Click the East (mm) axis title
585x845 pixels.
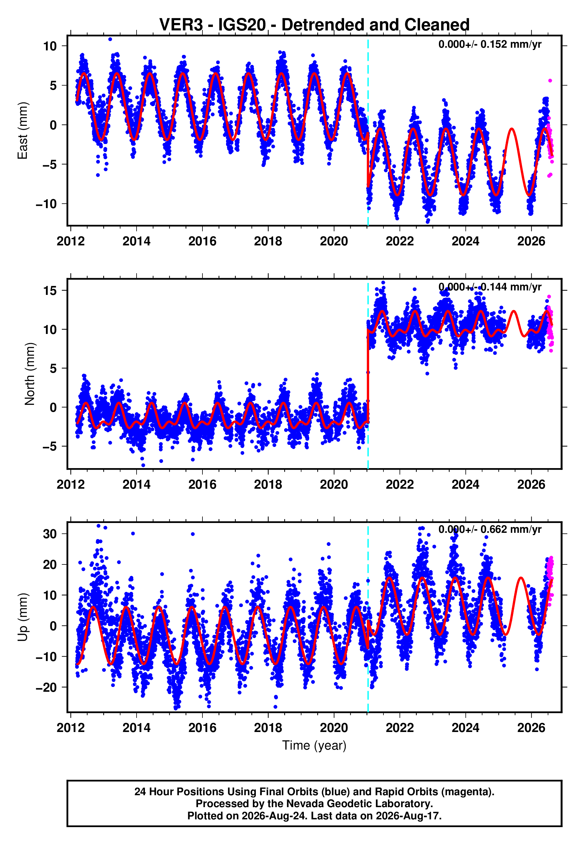click(x=23, y=131)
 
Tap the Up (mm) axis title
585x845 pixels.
click(x=23, y=617)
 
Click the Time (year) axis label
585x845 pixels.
click(x=314, y=745)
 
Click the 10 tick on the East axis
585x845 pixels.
click(x=50, y=46)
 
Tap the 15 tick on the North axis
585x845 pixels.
click(x=50, y=291)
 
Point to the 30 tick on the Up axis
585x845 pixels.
click(x=50, y=534)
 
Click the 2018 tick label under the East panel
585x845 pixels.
click(x=268, y=241)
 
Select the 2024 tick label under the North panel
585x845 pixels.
click(x=465, y=485)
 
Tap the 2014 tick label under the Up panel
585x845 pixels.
click(x=136, y=728)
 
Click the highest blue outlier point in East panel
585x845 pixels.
click(x=110, y=39)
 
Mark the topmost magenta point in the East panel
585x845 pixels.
click(x=550, y=81)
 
